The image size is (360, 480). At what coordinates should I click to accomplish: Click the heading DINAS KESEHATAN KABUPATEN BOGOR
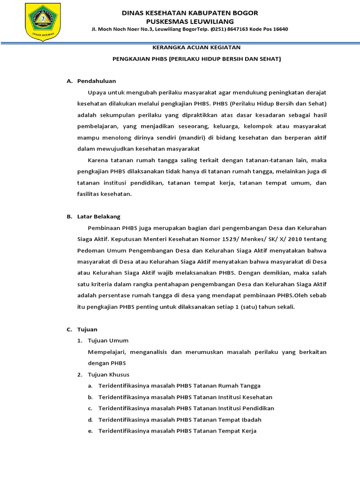(190, 13)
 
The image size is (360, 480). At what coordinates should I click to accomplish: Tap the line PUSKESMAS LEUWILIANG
(190, 21)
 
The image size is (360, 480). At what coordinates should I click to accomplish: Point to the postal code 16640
(279, 29)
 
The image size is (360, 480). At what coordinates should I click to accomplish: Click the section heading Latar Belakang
(99, 217)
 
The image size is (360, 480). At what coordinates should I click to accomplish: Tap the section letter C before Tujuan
(69, 330)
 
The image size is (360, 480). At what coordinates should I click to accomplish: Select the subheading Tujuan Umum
(108, 340)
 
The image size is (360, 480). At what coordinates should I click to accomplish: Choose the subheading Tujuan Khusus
(109, 375)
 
